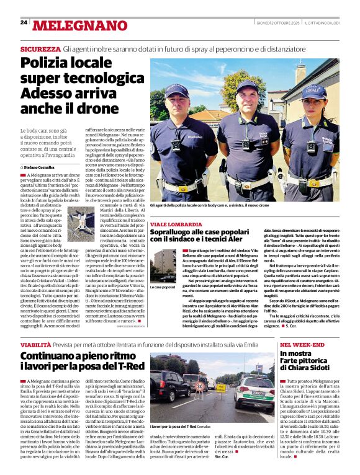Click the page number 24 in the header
(24, 22)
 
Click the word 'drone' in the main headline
(83, 107)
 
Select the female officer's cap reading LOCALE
(312, 91)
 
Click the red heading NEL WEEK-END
(302, 344)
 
